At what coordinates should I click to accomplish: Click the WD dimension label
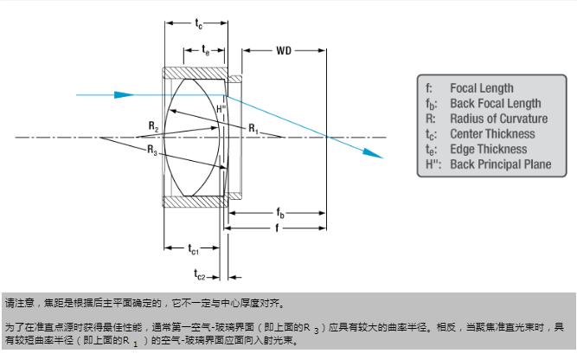click(284, 51)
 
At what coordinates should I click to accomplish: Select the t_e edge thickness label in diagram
click(205, 51)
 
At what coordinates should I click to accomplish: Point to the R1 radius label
click(253, 128)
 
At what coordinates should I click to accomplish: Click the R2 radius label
click(153, 127)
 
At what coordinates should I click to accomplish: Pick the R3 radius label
click(152, 151)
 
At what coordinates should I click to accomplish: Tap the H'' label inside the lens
click(221, 110)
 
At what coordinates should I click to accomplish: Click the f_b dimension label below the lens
click(281, 212)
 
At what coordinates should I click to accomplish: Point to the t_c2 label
click(201, 275)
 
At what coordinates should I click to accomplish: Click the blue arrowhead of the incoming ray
click(125, 94)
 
